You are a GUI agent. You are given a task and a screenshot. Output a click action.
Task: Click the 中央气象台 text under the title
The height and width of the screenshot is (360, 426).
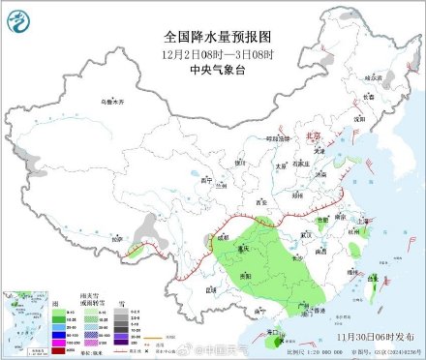pos(212,68)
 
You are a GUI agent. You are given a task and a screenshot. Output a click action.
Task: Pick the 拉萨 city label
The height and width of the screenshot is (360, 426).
pos(117,237)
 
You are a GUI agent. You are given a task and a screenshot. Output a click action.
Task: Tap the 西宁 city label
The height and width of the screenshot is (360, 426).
pos(204,180)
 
